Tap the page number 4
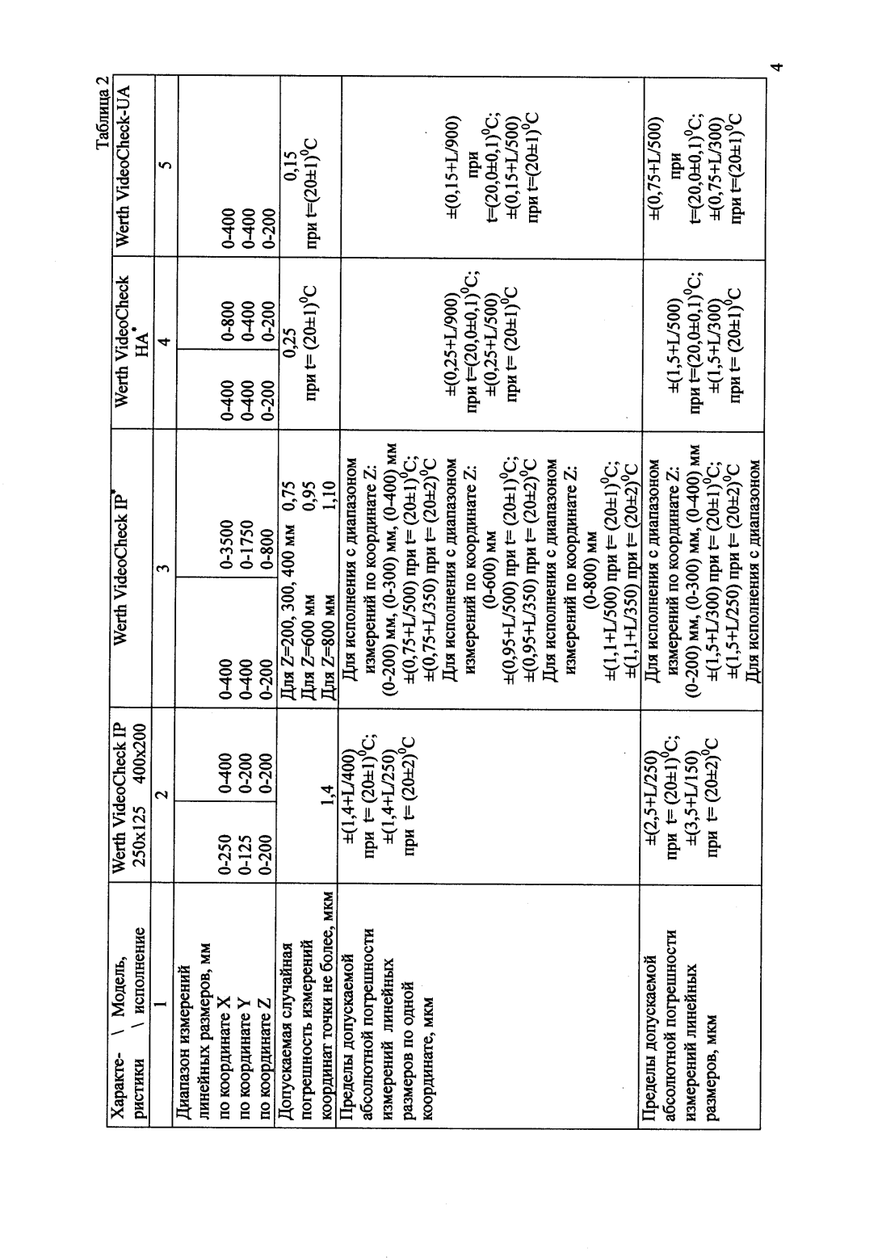(775, 66)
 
